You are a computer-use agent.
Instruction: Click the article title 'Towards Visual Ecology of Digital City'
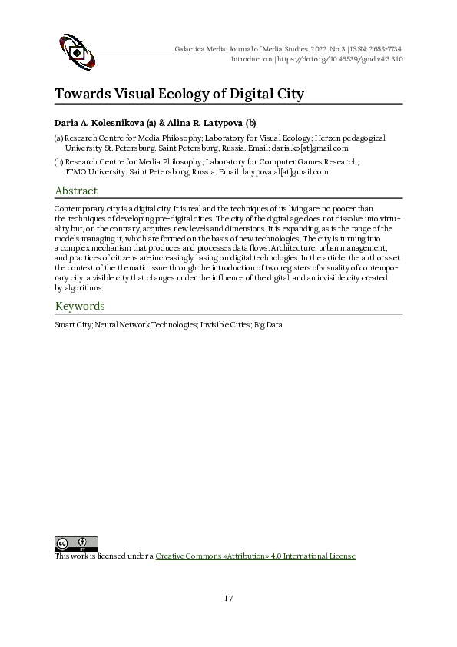click(x=180, y=94)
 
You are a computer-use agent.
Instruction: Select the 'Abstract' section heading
click(x=76, y=191)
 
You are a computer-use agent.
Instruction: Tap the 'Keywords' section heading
click(x=79, y=307)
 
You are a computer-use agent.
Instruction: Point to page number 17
click(x=228, y=599)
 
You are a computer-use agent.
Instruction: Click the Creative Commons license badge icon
click(x=76, y=544)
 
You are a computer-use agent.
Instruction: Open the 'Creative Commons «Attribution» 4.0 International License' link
click(x=256, y=556)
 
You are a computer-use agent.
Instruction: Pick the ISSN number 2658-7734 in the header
click(x=384, y=49)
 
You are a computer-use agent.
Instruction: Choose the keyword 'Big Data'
click(x=269, y=325)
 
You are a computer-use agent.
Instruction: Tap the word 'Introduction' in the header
click(x=251, y=59)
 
